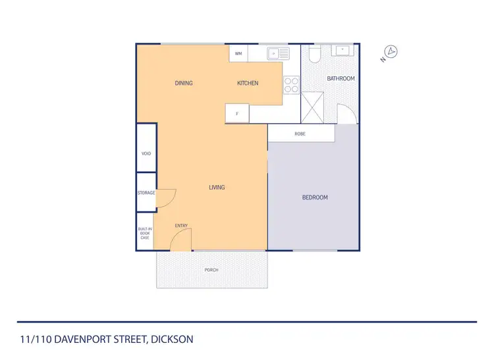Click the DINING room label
(184, 83)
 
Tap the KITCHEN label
(248, 83)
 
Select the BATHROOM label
(341, 79)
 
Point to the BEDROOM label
(315, 197)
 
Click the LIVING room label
(217, 188)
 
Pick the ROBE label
(300, 134)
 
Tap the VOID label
(146, 153)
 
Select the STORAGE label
(146, 193)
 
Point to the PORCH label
(211, 270)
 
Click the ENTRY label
(181, 226)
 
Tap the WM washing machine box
(238, 53)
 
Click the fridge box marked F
(237, 114)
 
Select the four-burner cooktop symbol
(291, 85)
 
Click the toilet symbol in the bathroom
(314, 54)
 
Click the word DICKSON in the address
(172, 340)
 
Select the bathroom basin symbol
(343, 51)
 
